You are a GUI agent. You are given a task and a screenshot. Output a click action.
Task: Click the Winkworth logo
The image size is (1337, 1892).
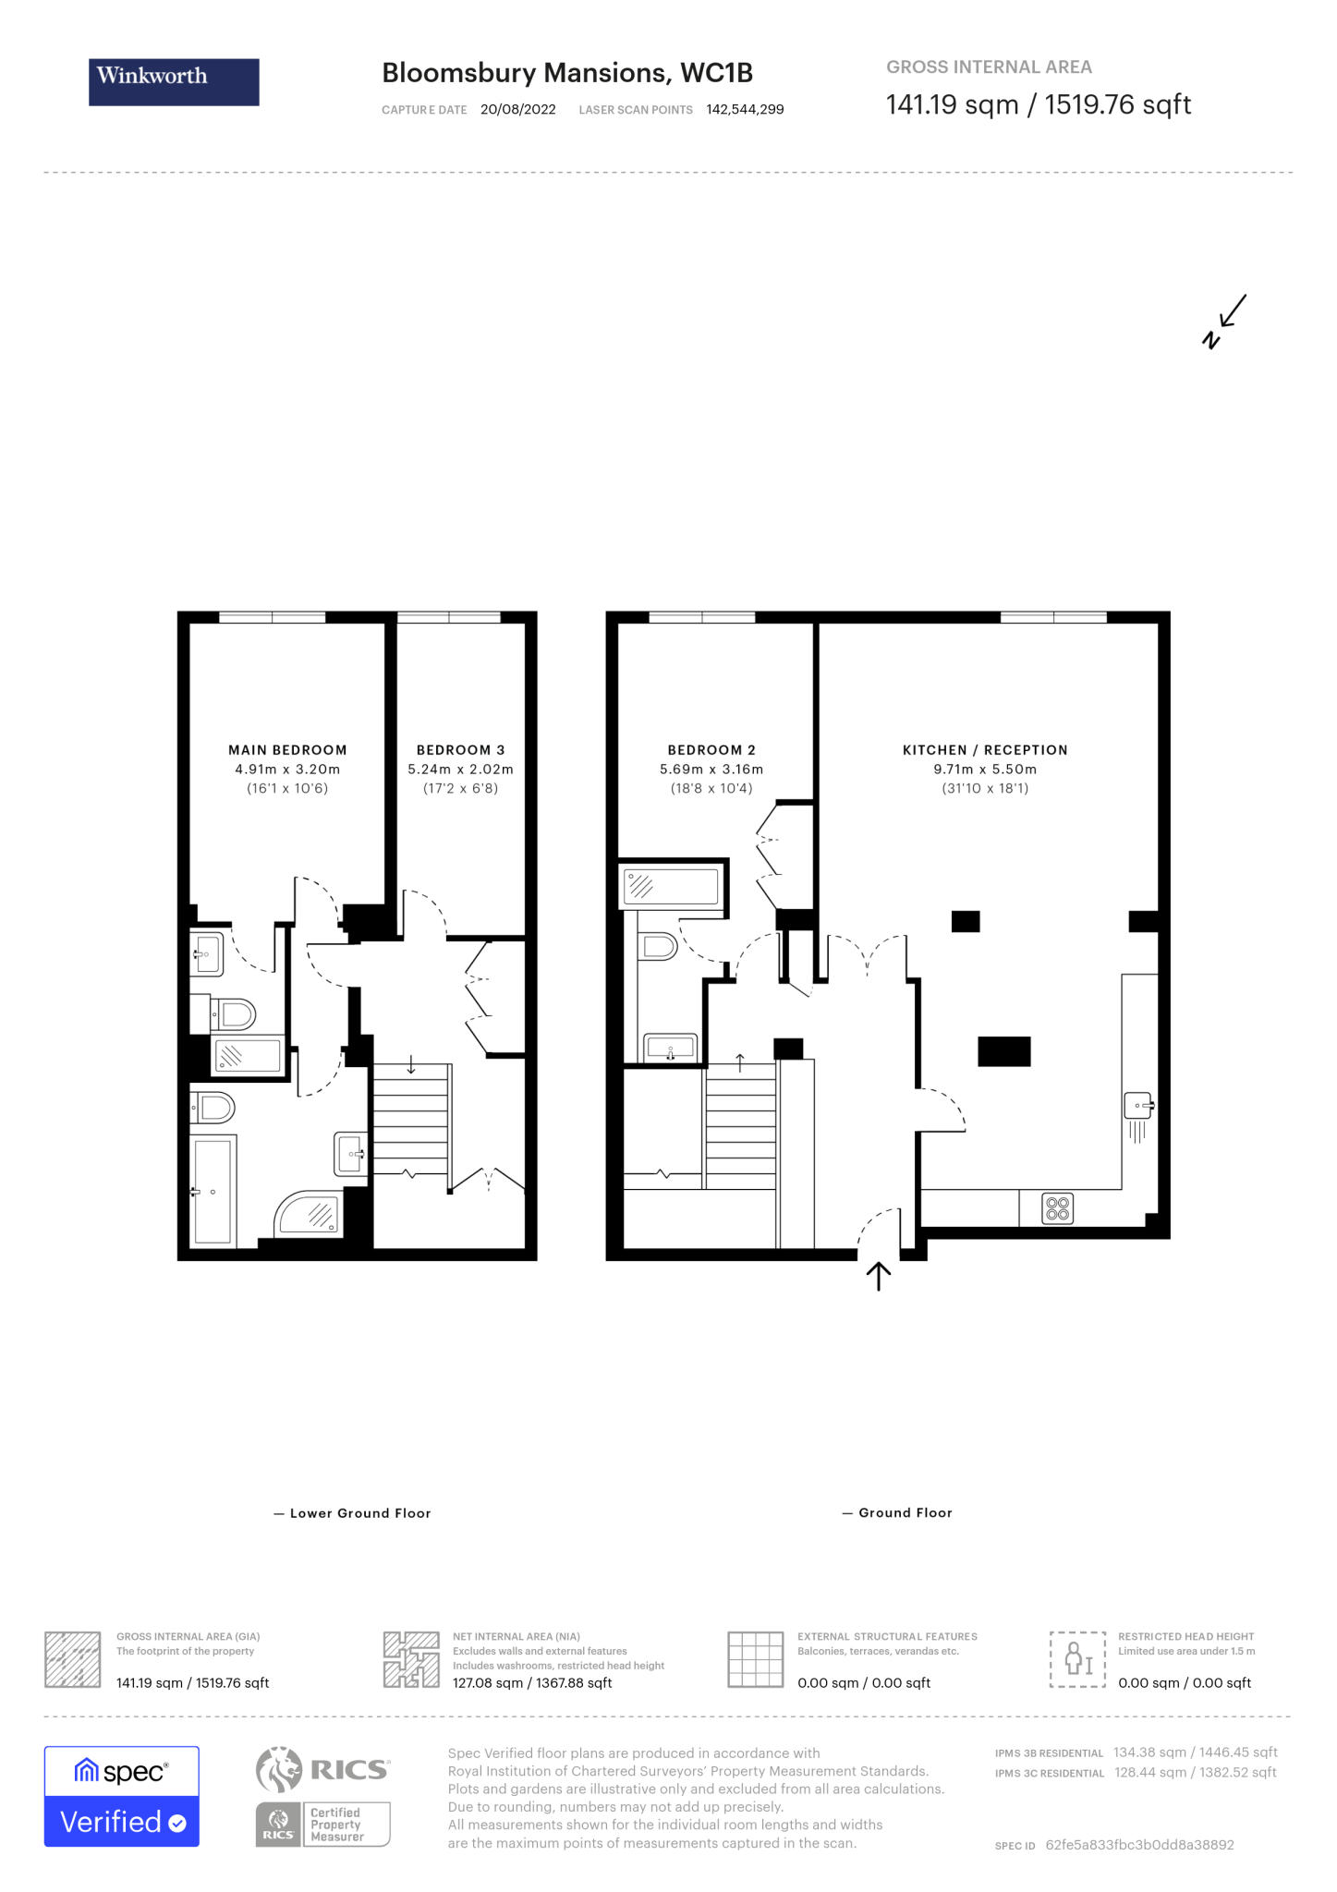(174, 81)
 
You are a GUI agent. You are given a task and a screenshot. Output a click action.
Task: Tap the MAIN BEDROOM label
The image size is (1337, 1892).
(287, 750)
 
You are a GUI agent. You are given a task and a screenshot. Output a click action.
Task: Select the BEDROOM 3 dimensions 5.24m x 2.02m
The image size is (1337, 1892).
(460, 770)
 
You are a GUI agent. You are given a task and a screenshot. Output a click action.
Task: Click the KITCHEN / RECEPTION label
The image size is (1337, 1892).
(985, 750)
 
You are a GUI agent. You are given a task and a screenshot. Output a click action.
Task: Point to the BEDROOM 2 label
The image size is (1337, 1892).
(711, 750)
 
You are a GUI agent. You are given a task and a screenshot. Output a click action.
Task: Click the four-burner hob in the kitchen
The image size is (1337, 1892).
(1057, 1208)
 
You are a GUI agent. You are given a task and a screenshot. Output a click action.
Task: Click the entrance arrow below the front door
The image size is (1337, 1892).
(878, 1277)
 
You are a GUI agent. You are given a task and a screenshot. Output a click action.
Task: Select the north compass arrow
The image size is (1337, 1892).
(1225, 321)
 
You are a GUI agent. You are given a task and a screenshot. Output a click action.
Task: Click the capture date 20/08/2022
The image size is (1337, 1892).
(517, 110)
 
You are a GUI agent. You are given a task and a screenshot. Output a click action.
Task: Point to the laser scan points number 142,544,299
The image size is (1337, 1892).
(745, 110)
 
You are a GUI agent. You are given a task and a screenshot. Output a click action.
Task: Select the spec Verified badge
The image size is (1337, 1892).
(122, 1796)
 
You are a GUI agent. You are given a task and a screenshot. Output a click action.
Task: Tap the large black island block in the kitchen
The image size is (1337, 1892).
(1004, 1051)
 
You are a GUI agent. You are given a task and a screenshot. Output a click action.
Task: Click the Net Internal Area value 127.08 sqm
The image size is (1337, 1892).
(532, 1683)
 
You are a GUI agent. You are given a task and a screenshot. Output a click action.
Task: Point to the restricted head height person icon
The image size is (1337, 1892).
(1077, 1659)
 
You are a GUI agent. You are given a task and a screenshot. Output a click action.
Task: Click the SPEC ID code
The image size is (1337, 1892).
(1139, 1845)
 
